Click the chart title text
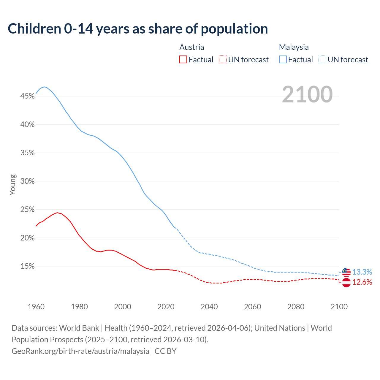138,28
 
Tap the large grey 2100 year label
307,94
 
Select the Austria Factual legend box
183,59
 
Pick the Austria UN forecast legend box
223,59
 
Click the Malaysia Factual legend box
283,59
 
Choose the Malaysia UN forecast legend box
322,59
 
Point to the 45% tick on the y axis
27,96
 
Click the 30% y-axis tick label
27,181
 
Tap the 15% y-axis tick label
27,266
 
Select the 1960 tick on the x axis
36,307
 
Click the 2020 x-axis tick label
166,307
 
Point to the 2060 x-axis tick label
252,307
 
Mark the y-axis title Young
13,185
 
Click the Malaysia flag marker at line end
346,272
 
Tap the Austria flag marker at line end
346,282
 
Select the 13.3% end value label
362,272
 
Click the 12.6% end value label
362,282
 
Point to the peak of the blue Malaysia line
44,87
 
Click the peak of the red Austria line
57,213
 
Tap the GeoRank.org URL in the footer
80,351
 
